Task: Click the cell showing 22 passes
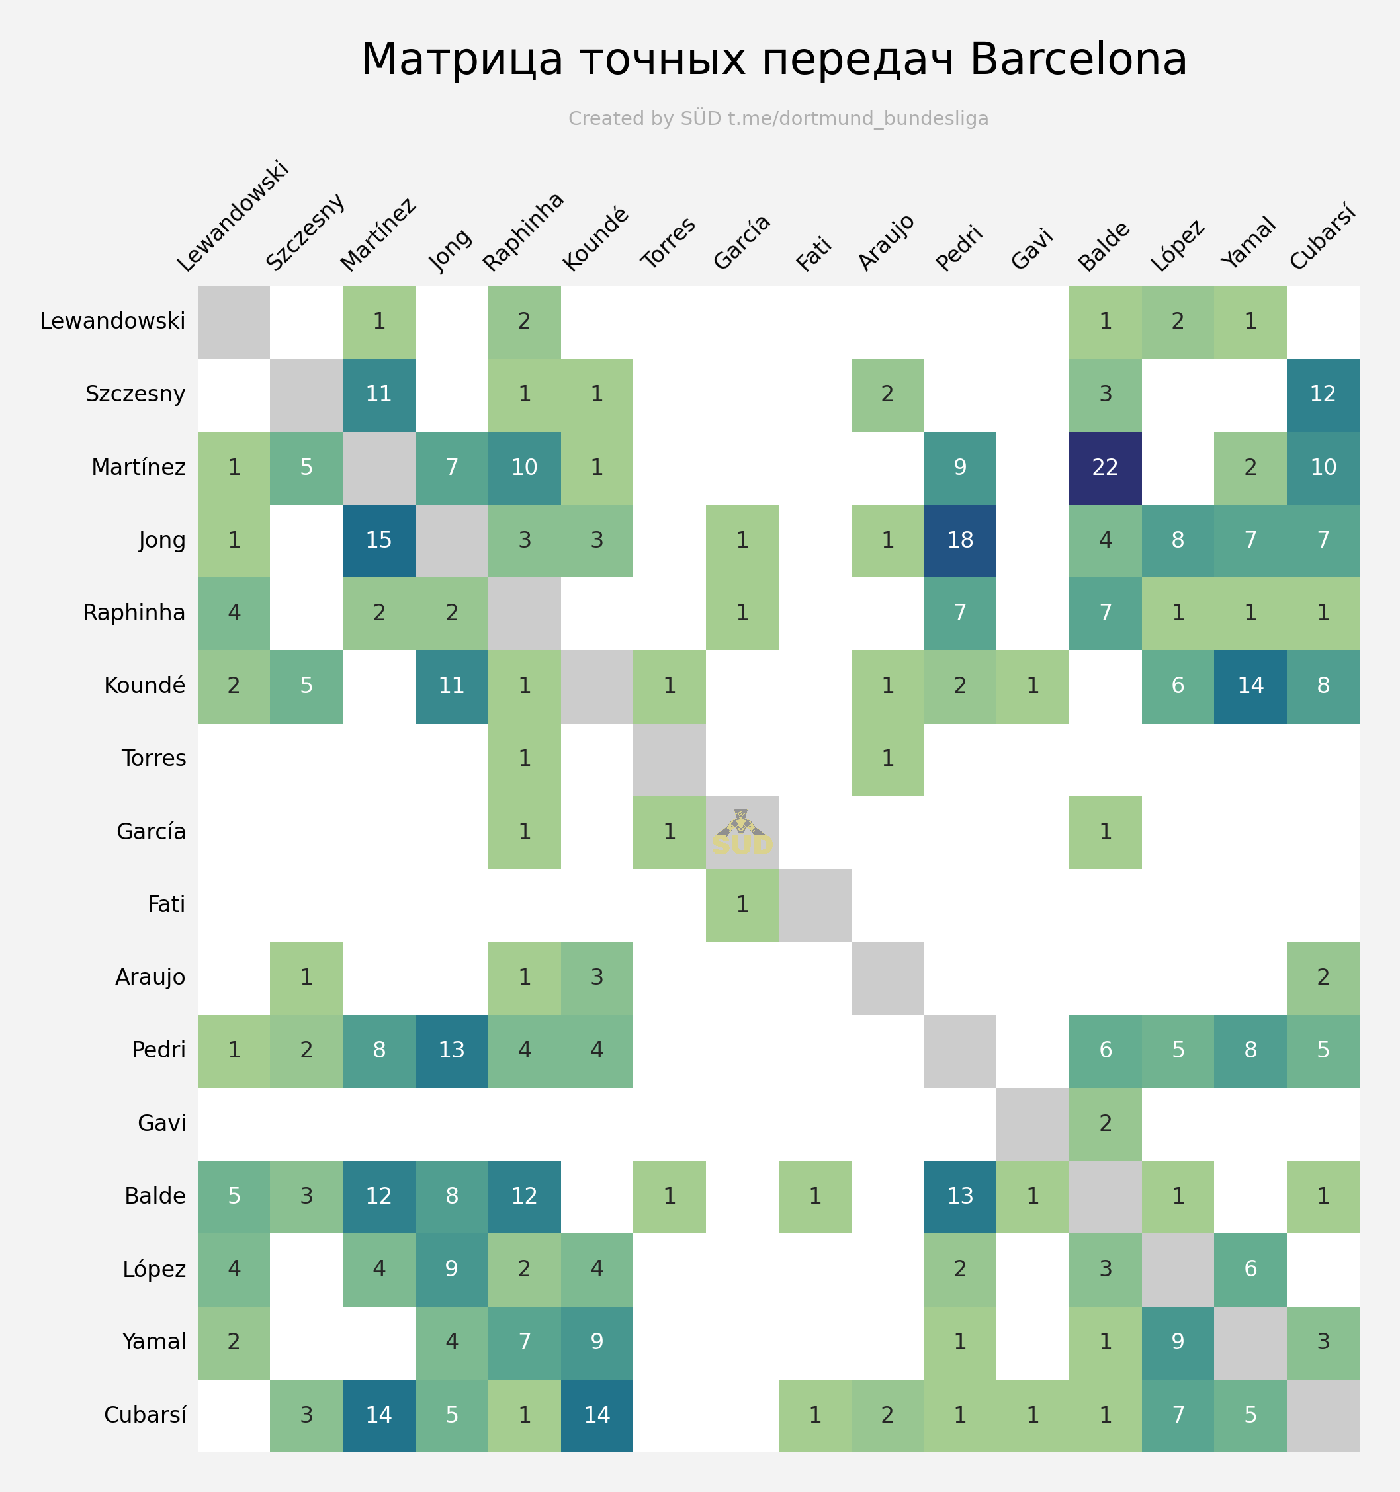tap(1105, 468)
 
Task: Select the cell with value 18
tap(960, 540)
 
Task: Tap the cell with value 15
tap(379, 540)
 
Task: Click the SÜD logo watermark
tap(742, 833)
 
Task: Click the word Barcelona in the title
tap(1078, 60)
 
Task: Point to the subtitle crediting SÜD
tap(779, 118)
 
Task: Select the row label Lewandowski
tap(112, 321)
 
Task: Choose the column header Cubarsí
tap(1324, 238)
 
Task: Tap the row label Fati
tap(167, 904)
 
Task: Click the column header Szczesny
tap(306, 232)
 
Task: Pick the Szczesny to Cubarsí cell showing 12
tap(1323, 395)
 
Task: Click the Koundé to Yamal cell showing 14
tap(1250, 686)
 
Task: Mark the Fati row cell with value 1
tap(742, 904)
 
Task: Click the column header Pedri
tap(960, 247)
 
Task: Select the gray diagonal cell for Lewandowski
tap(234, 322)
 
